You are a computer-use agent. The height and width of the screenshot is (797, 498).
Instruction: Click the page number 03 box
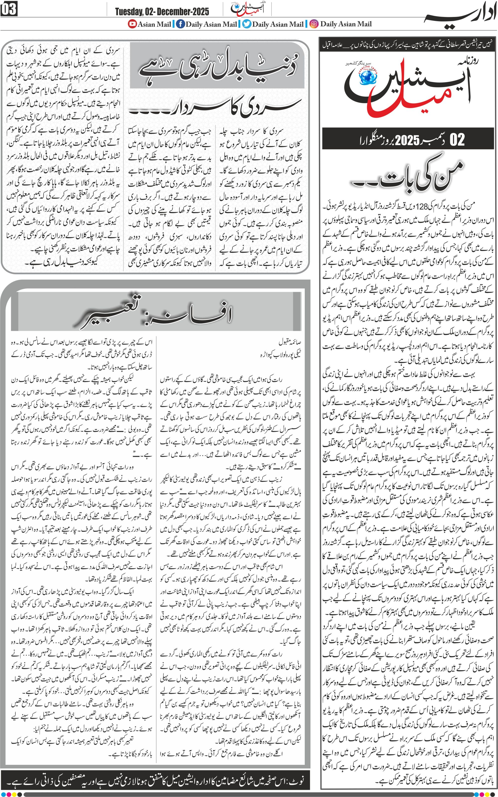tap(9, 9)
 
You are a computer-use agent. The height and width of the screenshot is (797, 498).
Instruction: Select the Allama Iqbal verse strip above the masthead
tap(408, 45)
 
